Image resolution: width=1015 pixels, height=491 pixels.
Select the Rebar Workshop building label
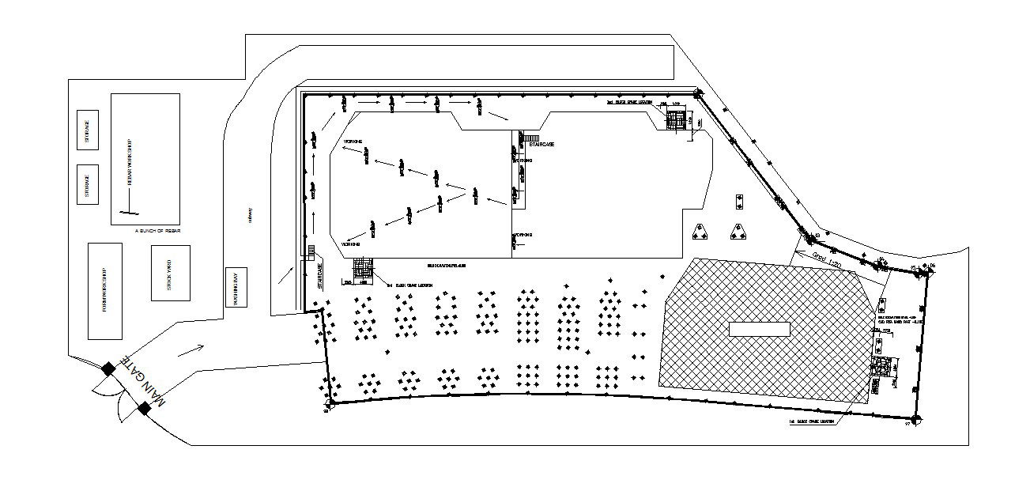(x=129, y=162)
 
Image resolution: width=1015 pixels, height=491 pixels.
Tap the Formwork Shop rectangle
(x=105, y=291)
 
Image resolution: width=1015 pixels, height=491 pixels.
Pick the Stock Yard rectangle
(x=170, y=273)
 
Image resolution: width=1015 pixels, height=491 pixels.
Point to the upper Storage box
(x=88, y=129)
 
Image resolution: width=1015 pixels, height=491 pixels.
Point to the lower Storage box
(x=88, y=184)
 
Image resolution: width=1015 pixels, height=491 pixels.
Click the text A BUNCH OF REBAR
(x=158, y=230)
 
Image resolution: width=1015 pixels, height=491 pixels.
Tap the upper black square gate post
(x=108, y=367)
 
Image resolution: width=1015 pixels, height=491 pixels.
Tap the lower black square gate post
(x=145, y=408)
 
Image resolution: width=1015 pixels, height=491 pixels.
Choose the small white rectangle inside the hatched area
(x=759, y=329)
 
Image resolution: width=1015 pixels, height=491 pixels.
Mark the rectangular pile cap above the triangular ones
(x=739, y=202)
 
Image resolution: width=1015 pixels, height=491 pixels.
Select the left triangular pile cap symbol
(x=699, y=232)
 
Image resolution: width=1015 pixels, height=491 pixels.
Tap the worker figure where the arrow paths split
(x=475, y=194)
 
